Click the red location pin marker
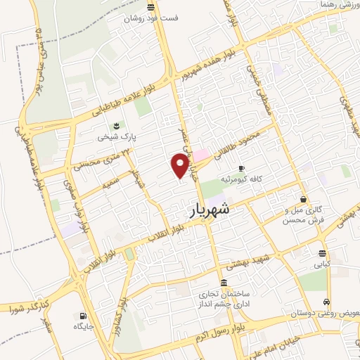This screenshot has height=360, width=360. coord(181,166)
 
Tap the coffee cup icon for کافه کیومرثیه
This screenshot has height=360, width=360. coord(241,169)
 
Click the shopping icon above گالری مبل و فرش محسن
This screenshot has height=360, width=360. coord(303,199)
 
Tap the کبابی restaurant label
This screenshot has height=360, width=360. coord(321,264)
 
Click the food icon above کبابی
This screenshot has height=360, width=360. coord(322,253)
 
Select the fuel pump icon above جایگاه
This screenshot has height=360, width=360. coord(84,316)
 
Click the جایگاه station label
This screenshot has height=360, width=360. coord(84,327)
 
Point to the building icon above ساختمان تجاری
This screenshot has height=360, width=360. coord(224,283)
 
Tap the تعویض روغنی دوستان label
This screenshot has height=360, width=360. coord(328,311)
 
